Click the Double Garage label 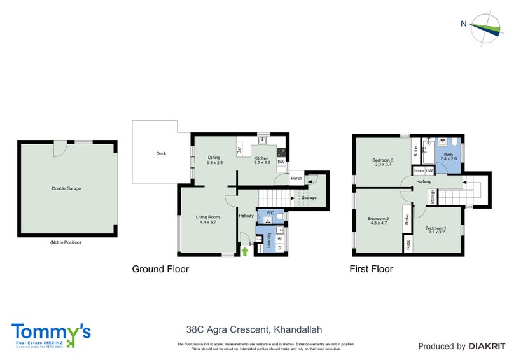[66, 188]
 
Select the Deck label [161, 153]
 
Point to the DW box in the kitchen [281, 162]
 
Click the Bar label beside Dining [239, 151]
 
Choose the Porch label [296, 179]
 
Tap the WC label [270, 212]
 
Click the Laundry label [268, 242]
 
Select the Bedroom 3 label [384, 160]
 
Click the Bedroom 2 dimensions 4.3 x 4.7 [378, 223]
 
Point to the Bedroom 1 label [436, 228]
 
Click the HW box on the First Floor [429, 170]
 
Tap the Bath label [448, 154]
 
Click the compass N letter [464, 24]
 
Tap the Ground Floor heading [160, 269]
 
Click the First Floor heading [371, 269]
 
